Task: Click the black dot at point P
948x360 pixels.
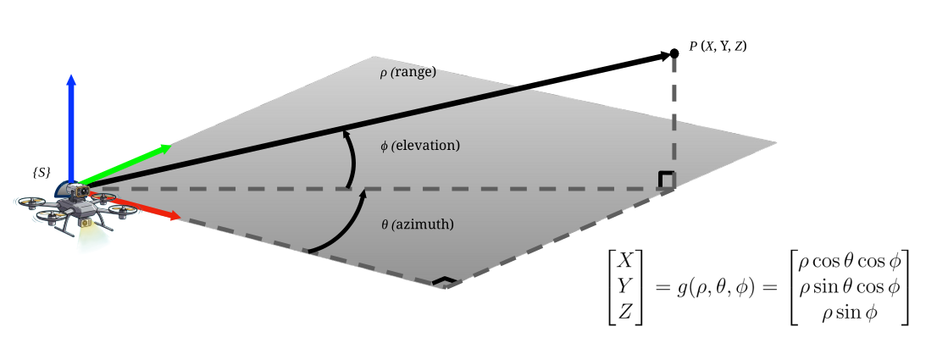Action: coord(674,53)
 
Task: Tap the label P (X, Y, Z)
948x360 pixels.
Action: coord(718,47)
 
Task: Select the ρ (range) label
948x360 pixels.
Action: coord(407,73)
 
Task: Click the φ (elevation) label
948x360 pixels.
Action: coord(420,146)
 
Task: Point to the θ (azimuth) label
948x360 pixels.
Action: coord(418,224)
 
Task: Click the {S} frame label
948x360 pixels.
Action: coord(42,172)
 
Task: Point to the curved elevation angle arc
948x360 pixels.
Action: coord(349,158)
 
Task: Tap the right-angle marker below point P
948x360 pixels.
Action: coord(667,180)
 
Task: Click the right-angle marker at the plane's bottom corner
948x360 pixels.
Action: coord(442,281)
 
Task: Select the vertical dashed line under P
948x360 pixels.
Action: coord(674,119)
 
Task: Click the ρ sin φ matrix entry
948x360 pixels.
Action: coord(850,312)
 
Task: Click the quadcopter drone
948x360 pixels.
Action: coord(75,208)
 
